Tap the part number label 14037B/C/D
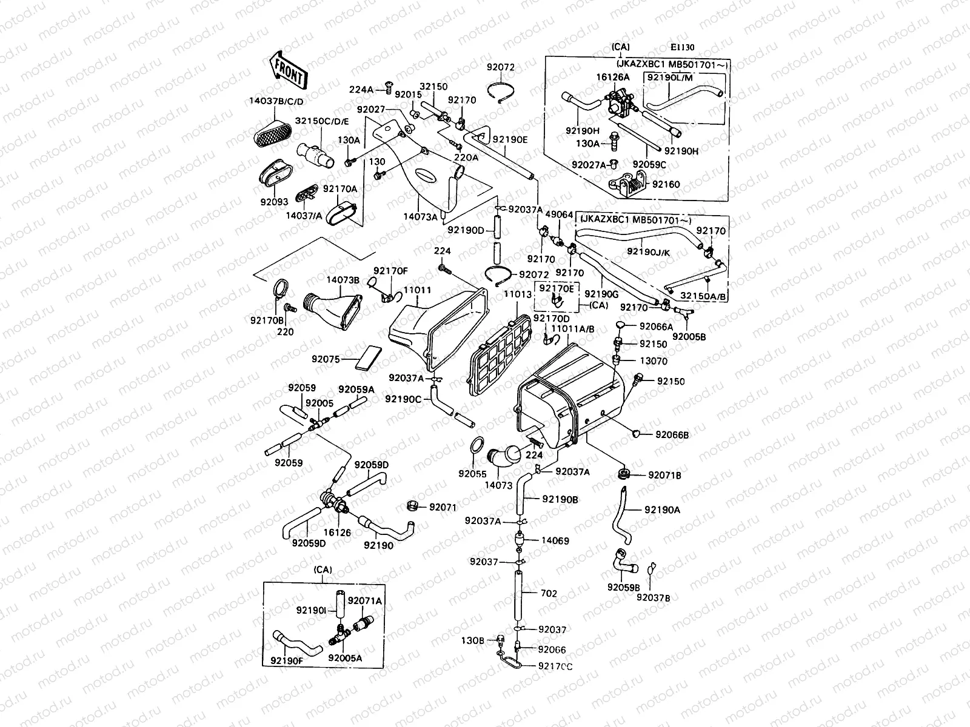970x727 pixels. pyautogui.click(x=276, y=101)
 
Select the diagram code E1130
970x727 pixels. pyautogui.click(x=682, y=48)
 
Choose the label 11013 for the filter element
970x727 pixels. pyautogui.click(x=517, y=294)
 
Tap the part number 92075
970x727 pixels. pyautogui.click(x=326, y=359)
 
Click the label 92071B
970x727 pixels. pyautogui.click(x=664, y=476)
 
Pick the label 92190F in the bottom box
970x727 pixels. pyautogui.click(x=287, y=661)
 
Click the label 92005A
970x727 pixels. pyautogui.click(x=344, y=657)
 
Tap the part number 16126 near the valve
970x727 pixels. pyautogui.click(x=337, y=533)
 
